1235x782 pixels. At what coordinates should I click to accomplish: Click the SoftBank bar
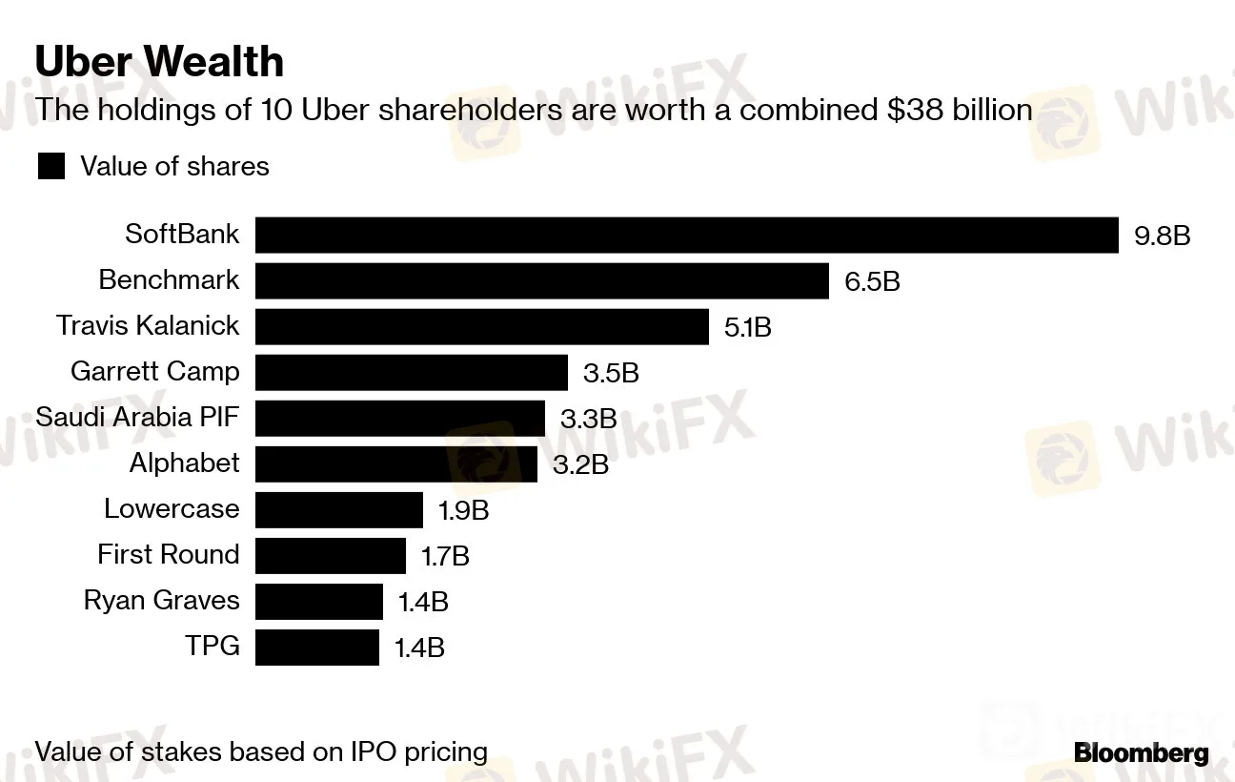[x=686, y=235]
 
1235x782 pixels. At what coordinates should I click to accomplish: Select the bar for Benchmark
[x=541, y=280]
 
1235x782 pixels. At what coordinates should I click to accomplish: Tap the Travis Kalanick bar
[x=481, y=326]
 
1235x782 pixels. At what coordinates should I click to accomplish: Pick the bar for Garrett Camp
[x=411, y=372]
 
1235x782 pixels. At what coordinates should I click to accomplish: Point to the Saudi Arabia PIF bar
[x=399, y=418]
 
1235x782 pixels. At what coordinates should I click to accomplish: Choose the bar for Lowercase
[x=338, y=509]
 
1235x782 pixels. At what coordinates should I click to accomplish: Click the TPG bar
[x=316, y=647]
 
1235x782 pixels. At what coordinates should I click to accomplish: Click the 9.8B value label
[x=1162, y=236]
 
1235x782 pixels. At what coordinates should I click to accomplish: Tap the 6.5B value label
[x=871, y=281]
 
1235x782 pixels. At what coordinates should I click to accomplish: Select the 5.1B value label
[x=747, y=327]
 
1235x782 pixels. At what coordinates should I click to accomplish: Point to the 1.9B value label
[x=463, y=510]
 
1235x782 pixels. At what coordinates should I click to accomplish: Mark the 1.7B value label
[x=445, y=556]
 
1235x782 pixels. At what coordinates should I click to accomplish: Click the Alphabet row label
[x=184, y=463]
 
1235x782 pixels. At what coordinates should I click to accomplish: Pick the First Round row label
[x=168, y=554]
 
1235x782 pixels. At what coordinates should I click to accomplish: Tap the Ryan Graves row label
[x=161, y=601]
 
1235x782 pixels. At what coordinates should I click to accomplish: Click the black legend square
[x=51, y=167]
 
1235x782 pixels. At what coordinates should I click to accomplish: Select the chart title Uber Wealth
[x=159, y=62]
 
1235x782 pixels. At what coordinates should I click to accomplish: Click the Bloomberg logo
[x=1141, y=753]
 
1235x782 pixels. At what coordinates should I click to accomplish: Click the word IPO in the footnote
[x=371, y=751]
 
